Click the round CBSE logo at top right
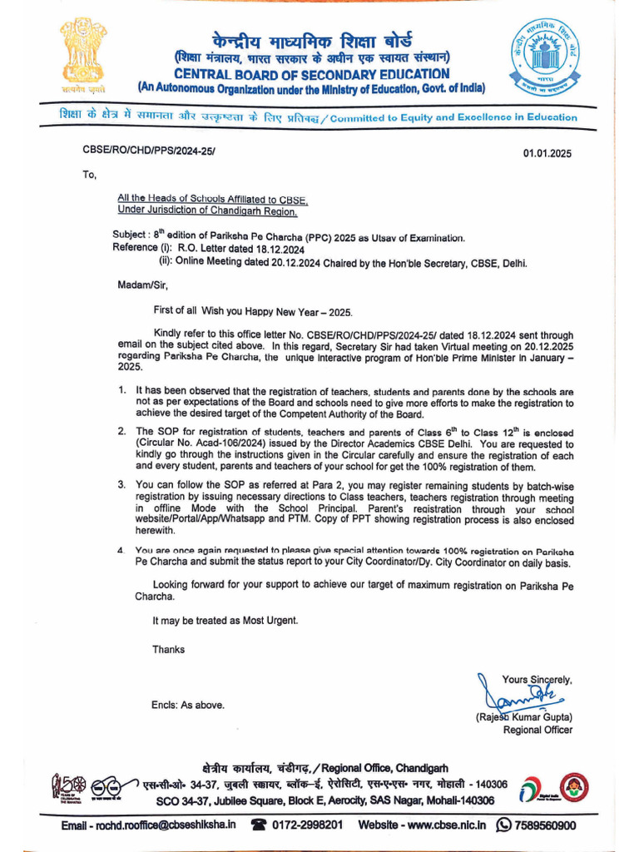(548, 59)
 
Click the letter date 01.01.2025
(547, 154)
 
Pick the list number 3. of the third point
(121, 484)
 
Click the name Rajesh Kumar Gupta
(524, 717)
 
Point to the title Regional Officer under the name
(537, 731)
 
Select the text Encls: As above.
(187, 706)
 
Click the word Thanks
(168, 649)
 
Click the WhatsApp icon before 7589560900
(503, 825)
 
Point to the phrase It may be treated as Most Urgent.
(225, 621)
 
